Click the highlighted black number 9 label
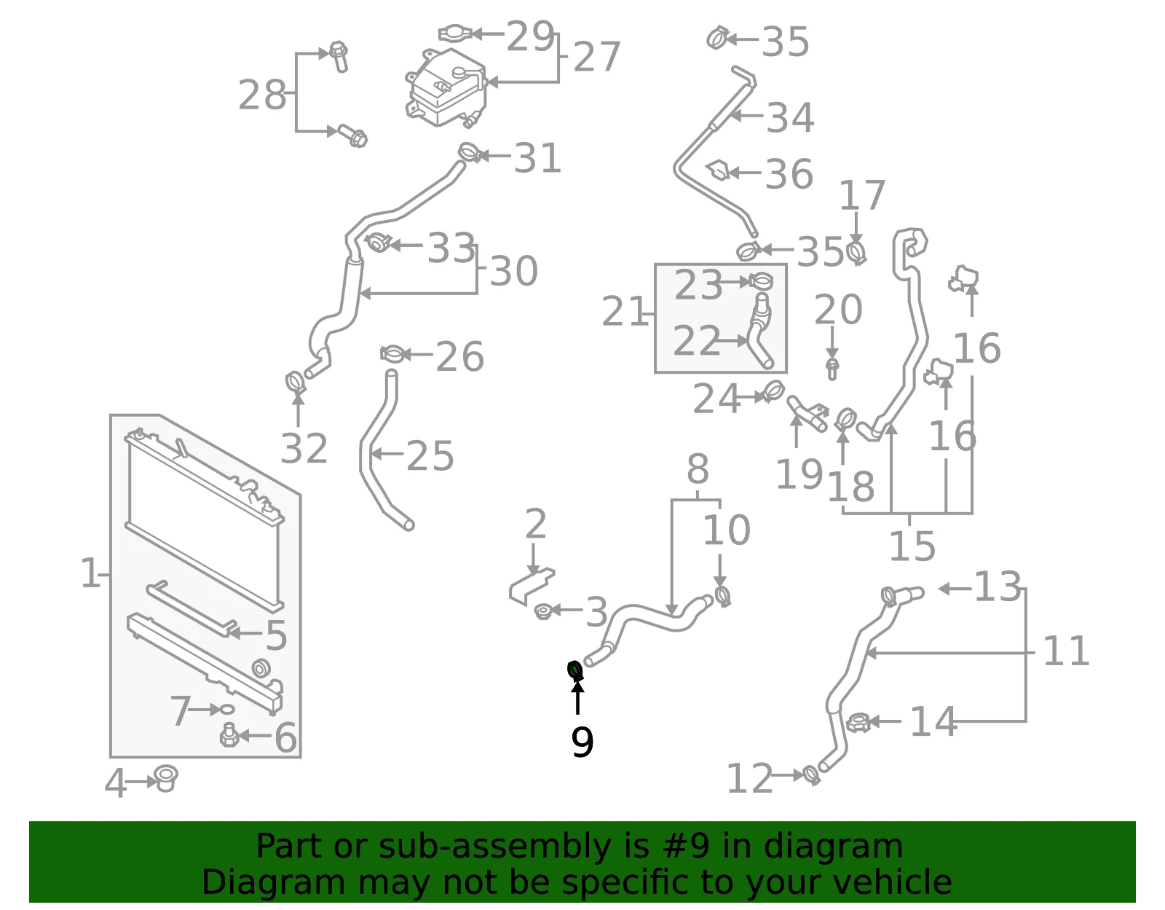click(582, 742)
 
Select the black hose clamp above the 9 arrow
click(575, 671)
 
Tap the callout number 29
click(529, 36)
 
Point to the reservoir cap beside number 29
click(455, 34)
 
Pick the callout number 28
click(261, 95)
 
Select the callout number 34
click(790, 118)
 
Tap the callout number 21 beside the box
click(625, 311)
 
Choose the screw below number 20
click(832, 369)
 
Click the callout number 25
click(430, 456)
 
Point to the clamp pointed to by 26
click(392, 354)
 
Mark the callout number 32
click(304, 448)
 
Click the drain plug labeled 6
click(230, 734)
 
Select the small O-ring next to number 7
click(227, 710)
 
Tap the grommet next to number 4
click(166, 779)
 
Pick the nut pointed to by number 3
click(543, 611)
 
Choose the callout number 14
click(933, 722)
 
